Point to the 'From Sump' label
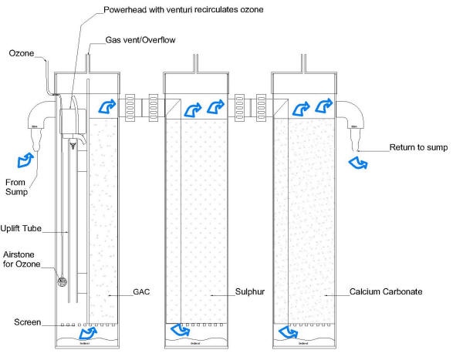[x=18, y=187]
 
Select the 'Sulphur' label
[x=248, y=294]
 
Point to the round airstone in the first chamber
[x=62, y=281]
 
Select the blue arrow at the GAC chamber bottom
[x=90, y=332]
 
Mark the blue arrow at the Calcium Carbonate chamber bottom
[x=288, y=331]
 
